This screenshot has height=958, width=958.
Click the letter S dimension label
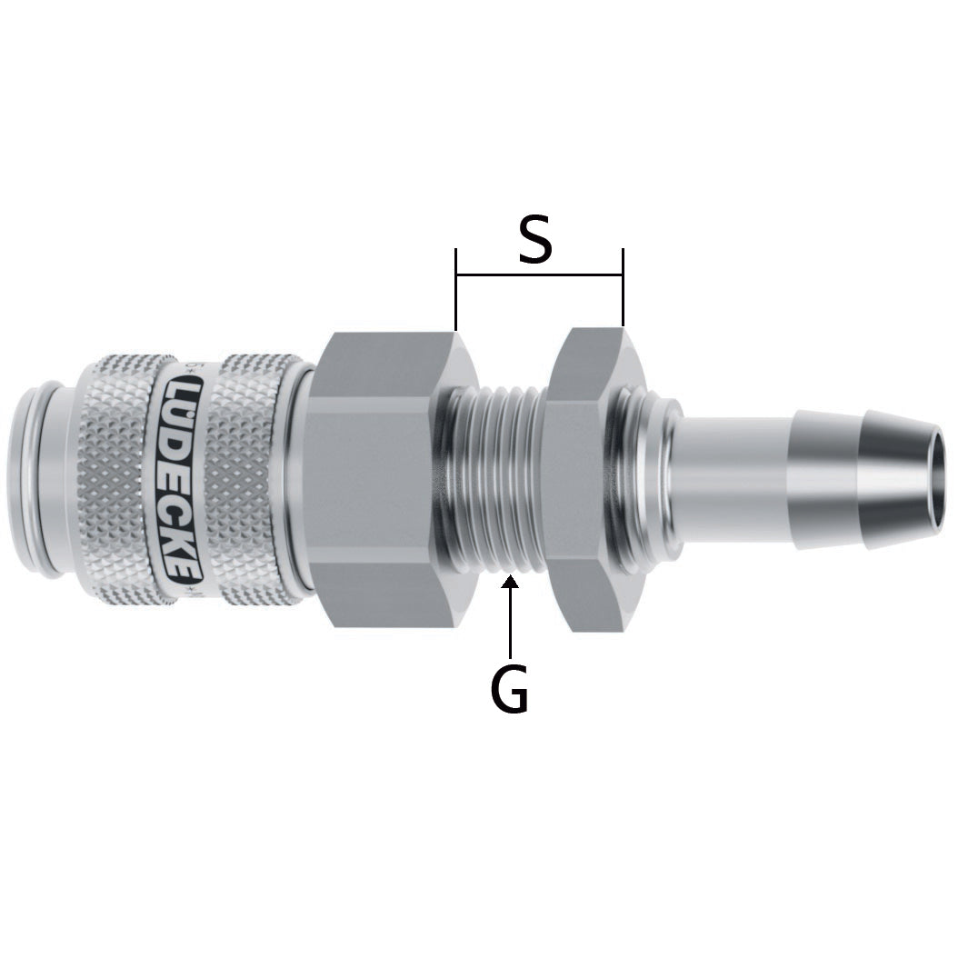click(x=536, y=240)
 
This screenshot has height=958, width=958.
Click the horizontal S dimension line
click(x=540, y=274)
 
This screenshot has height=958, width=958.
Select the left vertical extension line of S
click(x=455, y=288)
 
